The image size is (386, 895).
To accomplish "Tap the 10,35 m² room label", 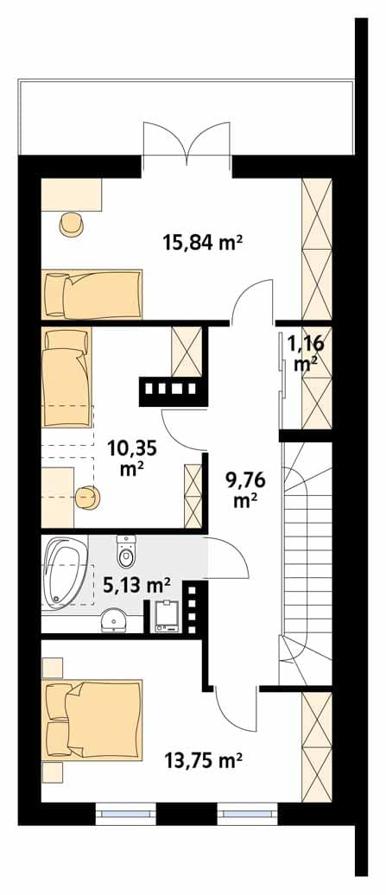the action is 134,457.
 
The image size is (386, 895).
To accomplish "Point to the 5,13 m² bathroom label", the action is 136,585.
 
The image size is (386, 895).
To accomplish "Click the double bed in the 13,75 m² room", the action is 93,720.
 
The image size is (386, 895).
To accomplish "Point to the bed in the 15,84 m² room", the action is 92,294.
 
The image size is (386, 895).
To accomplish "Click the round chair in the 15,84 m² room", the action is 73,224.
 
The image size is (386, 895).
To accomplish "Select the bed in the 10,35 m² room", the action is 66,378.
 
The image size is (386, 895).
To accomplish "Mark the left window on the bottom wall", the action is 125,814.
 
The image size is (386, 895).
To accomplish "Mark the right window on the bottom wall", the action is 248,814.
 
